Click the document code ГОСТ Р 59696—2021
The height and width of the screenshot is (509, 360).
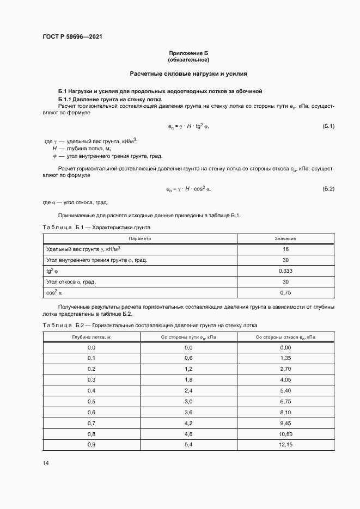[72, 37]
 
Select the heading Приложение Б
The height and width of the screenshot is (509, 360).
[188, 53]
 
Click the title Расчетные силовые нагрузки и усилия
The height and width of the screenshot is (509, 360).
[188, 73]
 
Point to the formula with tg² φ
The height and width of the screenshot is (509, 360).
[188, 126]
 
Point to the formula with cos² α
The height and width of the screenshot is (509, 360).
[188, 189]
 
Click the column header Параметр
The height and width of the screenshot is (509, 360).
[139, 238]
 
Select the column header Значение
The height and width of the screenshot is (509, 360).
[285, 238]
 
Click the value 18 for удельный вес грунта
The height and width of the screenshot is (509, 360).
[285, 249]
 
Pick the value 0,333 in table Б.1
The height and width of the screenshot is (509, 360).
[285, 271]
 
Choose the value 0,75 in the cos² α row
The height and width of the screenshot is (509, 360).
[285, 292]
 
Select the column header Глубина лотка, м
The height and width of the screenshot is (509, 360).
[91, 337]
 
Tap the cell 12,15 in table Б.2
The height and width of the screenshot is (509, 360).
[285, 445]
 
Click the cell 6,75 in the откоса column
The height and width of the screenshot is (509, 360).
[285, 402]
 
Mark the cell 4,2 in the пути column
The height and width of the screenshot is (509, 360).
[188, 424]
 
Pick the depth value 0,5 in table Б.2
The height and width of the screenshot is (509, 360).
[91, 402]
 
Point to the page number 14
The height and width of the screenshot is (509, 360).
[46, 463]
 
